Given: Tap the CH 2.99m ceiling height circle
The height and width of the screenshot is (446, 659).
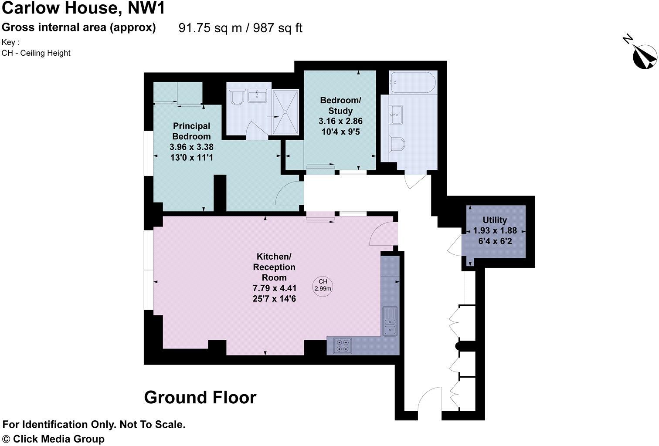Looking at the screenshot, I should click(x=323, y=285).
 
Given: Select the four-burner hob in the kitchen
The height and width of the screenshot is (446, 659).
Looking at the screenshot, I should click(x=342, y=345).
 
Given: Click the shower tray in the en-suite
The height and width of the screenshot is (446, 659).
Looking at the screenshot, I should click(x=285, y=111).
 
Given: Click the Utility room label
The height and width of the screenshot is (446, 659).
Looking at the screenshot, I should click(x=495, y=220).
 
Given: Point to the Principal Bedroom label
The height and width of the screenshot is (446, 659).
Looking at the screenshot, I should click(x=191, y=131).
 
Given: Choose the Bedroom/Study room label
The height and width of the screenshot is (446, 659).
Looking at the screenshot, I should click(x=340, y=105).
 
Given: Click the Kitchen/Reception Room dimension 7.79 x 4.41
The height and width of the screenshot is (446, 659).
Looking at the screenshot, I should click(x=275, y=288).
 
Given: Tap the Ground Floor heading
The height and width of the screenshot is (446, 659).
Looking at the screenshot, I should click(x=200, y=397).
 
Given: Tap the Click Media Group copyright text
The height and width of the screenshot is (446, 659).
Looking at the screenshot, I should click(x=54, y=439).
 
